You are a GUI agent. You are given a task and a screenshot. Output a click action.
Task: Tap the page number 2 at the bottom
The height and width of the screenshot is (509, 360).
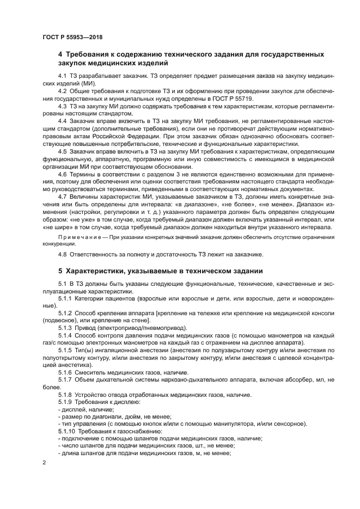tap(44, 462)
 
